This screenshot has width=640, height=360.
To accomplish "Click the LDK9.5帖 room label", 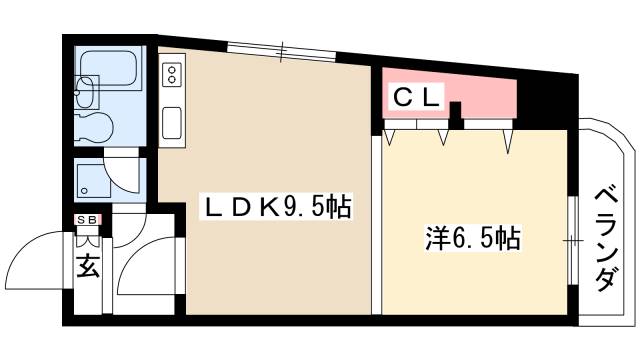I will (277, 208).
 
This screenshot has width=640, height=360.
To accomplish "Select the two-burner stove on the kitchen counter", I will (171, 74).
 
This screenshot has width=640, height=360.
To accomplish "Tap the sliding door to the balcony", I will (571, 240).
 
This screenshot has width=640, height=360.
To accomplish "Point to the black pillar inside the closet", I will (455, 114).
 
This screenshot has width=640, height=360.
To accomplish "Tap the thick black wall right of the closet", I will (540, 100).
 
